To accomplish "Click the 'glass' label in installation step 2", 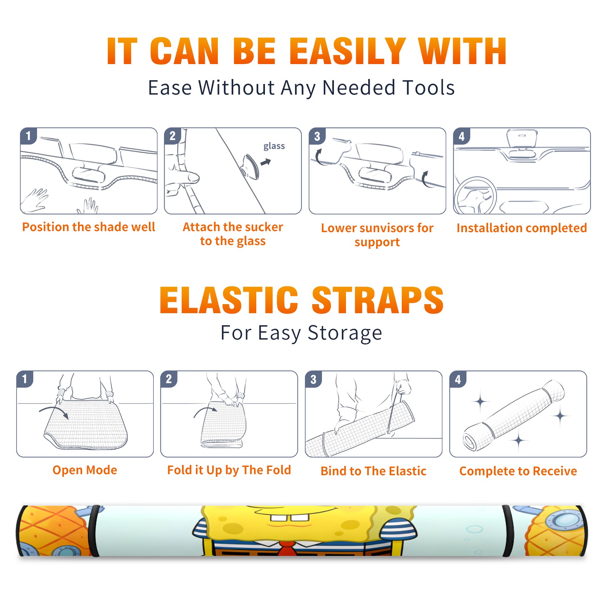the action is pos(274,146).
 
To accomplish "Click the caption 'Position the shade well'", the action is pos(89,227).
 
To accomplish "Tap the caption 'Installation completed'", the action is pos(522,228).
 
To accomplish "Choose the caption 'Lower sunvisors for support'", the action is pos(377,235).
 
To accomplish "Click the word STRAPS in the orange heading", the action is pos(378,300).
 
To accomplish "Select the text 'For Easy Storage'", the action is pos(301,333).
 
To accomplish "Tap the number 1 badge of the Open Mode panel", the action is pos(25,379).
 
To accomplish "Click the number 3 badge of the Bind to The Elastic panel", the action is pos(314,379).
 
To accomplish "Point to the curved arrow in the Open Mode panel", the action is pos(54,412).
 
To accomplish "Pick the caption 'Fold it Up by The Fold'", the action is pos(229,470).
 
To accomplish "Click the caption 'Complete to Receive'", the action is pos(518,471).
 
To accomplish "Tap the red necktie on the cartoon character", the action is pos(287,548).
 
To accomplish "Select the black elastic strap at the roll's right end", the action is pos(508,531).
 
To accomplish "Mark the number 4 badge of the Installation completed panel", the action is pos(462,136).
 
